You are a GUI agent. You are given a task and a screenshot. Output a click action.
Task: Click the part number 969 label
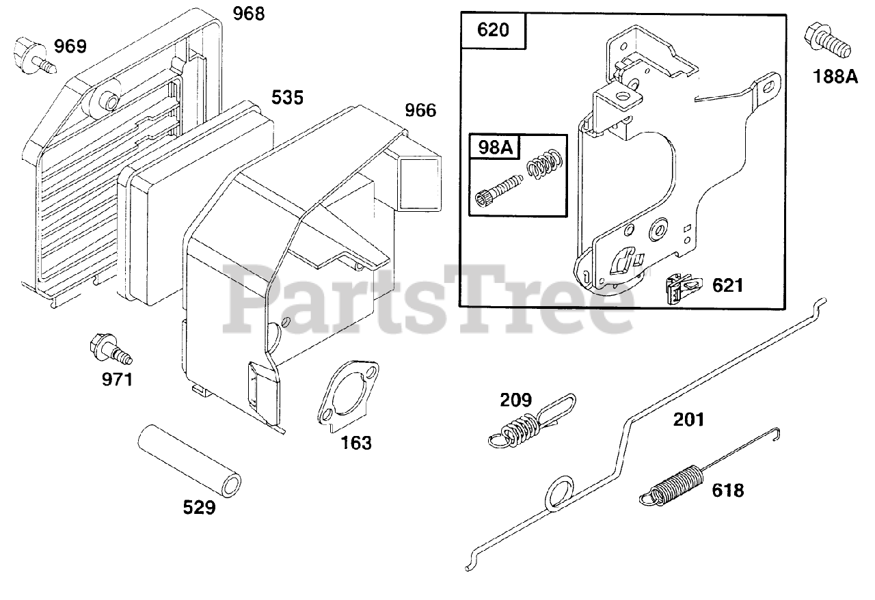70,46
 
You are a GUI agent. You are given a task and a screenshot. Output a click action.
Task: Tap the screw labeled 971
109,349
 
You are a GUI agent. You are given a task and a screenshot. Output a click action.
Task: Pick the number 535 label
287,97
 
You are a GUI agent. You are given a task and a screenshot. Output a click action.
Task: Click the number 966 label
420,110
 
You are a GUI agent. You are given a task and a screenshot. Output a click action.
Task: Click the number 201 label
688,419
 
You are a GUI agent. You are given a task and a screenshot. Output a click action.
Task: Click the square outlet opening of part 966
419,182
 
